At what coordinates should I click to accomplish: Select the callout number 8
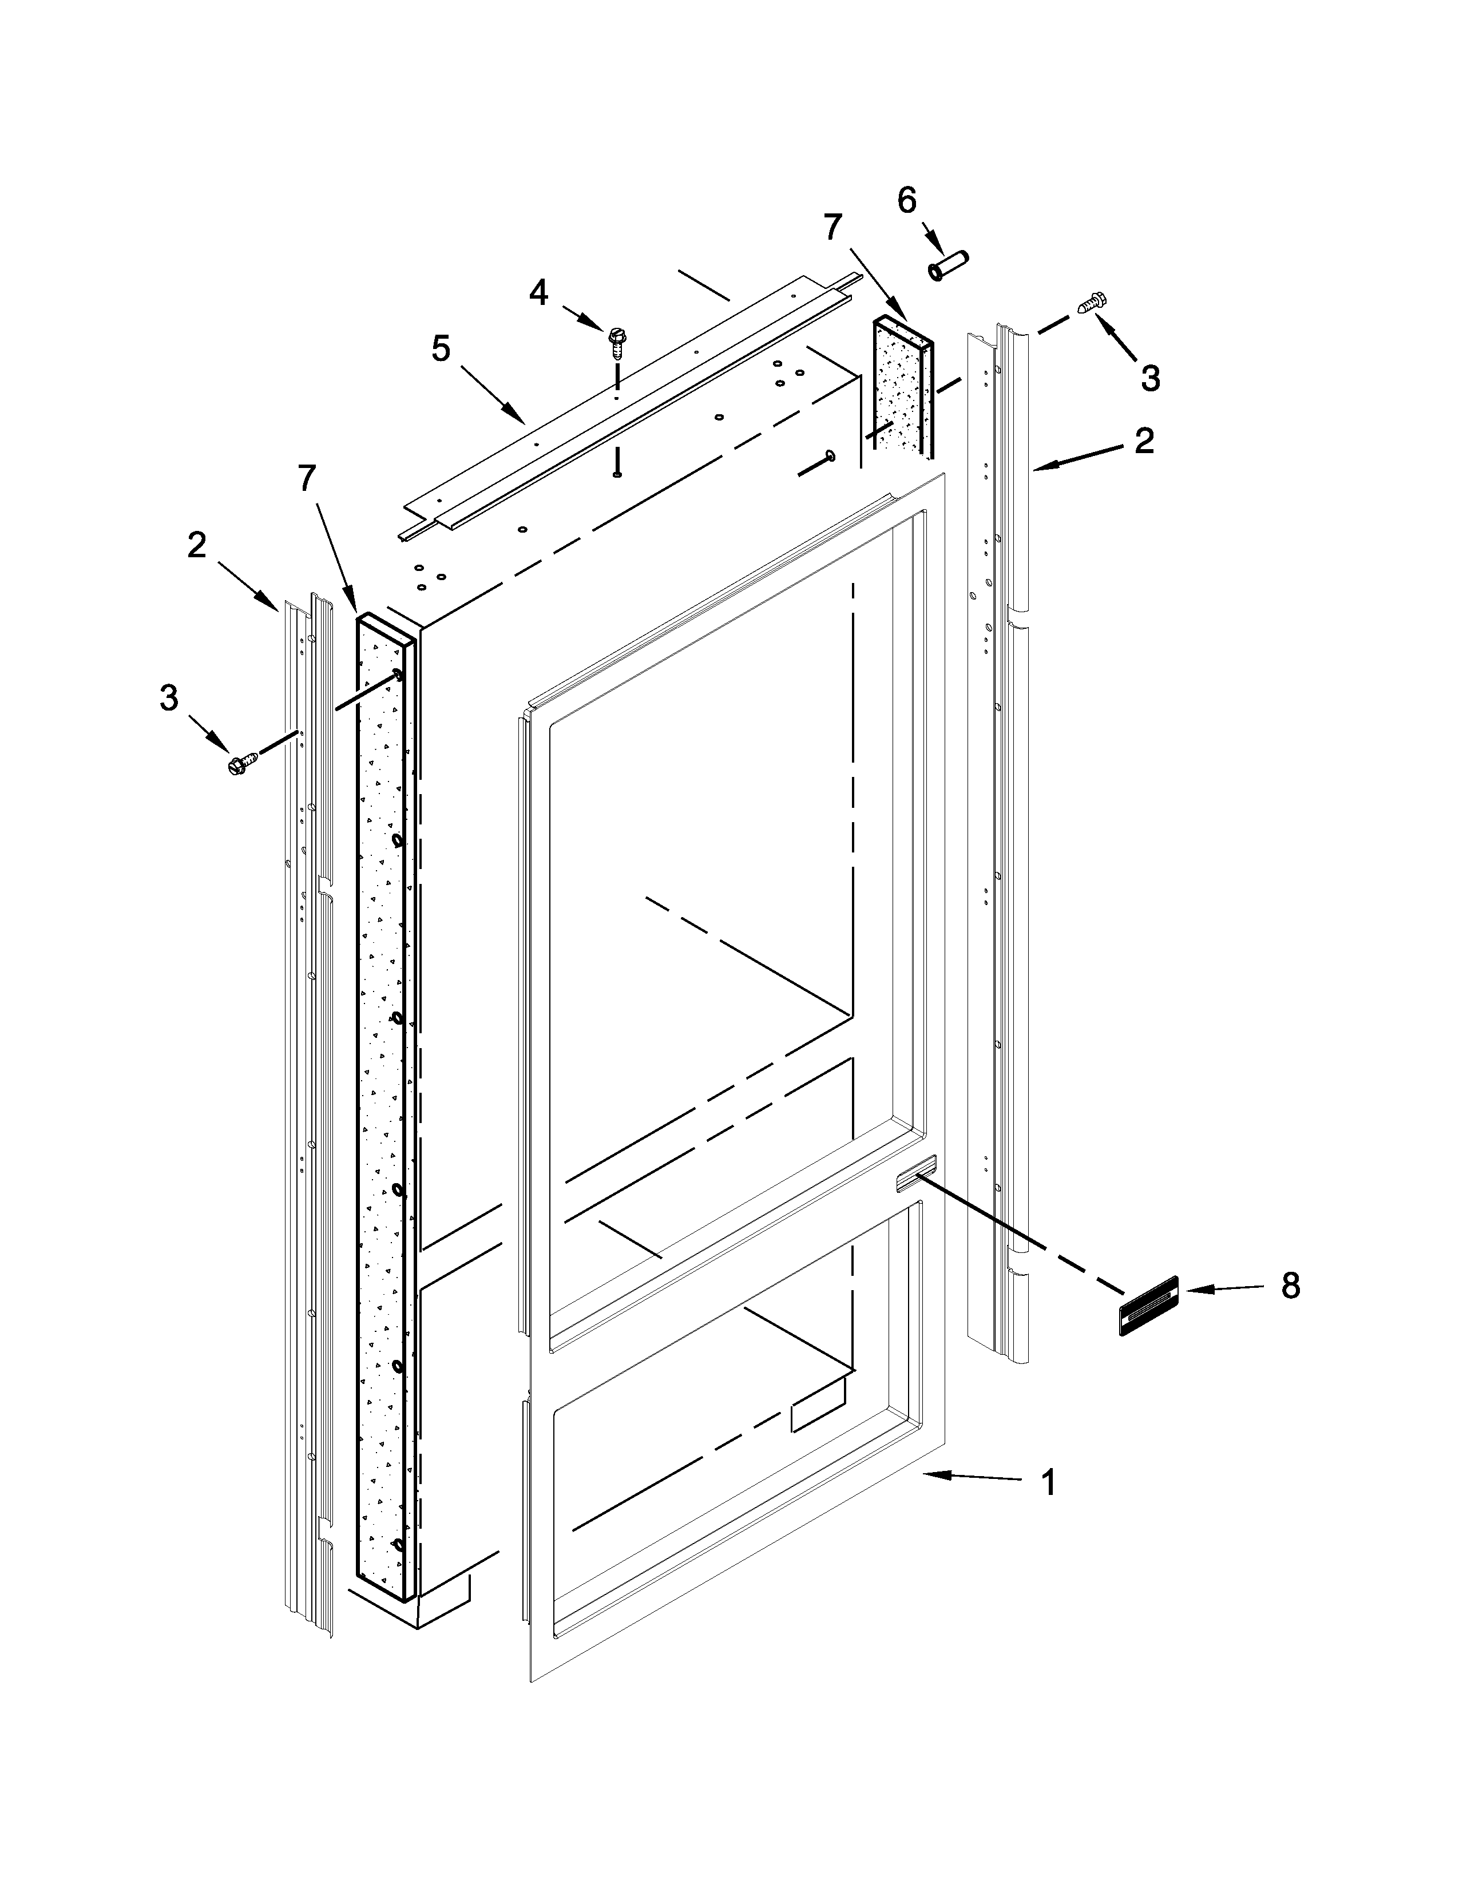[1290, 1286]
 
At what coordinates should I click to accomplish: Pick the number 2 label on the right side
[1144, 441]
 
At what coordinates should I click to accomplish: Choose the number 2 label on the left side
[197, 545]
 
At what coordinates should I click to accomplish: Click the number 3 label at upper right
[1149, 378]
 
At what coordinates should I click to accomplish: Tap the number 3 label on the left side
[169, 697]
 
